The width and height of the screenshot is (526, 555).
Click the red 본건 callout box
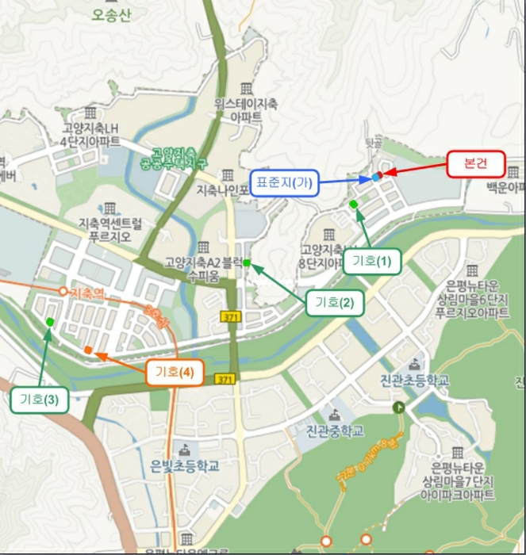(x=476, y=163)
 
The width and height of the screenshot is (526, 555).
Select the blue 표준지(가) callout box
(x=283, y=182)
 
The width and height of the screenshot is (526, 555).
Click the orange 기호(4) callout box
(x=175, y=372)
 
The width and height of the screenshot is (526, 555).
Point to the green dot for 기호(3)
(x=50, y=322)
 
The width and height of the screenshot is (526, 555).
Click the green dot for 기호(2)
(x=247, y=262)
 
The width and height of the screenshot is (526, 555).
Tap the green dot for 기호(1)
(x=353, y=205)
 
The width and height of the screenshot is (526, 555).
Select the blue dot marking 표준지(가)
(x=375, y=178)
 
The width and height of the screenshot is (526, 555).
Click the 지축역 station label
(x=86, y=293)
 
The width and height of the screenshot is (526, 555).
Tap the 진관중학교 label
(x=336, y=431)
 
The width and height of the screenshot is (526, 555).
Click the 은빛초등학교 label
(x=185, y=465)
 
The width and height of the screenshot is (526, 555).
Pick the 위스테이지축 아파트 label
(x=246, y=109)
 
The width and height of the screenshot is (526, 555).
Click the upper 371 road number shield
(x=229, y=316)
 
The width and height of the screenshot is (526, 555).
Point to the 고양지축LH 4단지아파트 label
(x=90, y=135)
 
